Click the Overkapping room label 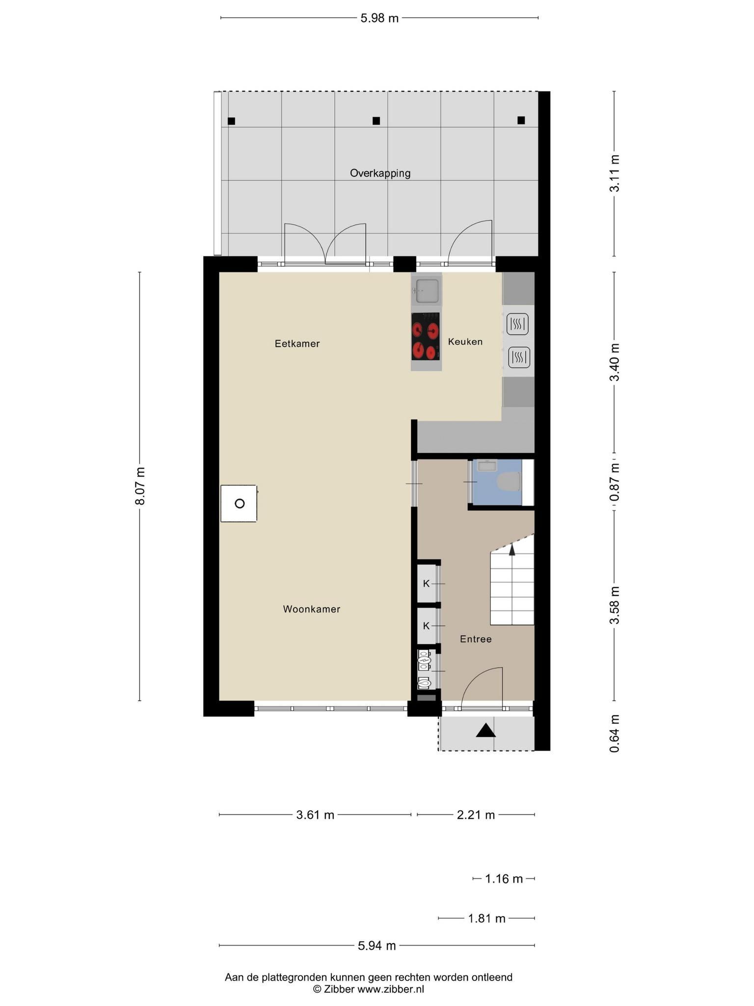[x=380, y=173]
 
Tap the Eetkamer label [x=297, y=344]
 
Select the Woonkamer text [x=312, y=609]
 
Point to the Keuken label [x=465, y=341]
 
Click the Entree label [x=476, y=639]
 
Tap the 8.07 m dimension [x=140, y=486]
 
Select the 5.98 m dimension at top [x=379, y=18]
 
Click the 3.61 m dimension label [x=315, y=815]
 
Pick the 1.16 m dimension [x=504, y=879]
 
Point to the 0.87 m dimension [x=615, y=482]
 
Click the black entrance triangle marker [x=485, y=730]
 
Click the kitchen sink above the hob [x=426, y=291]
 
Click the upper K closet [x=426, y=584]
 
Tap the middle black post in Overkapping [x=376, y=121]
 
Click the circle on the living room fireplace [x=240, y=503]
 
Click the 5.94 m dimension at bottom [x=377, y=946]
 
